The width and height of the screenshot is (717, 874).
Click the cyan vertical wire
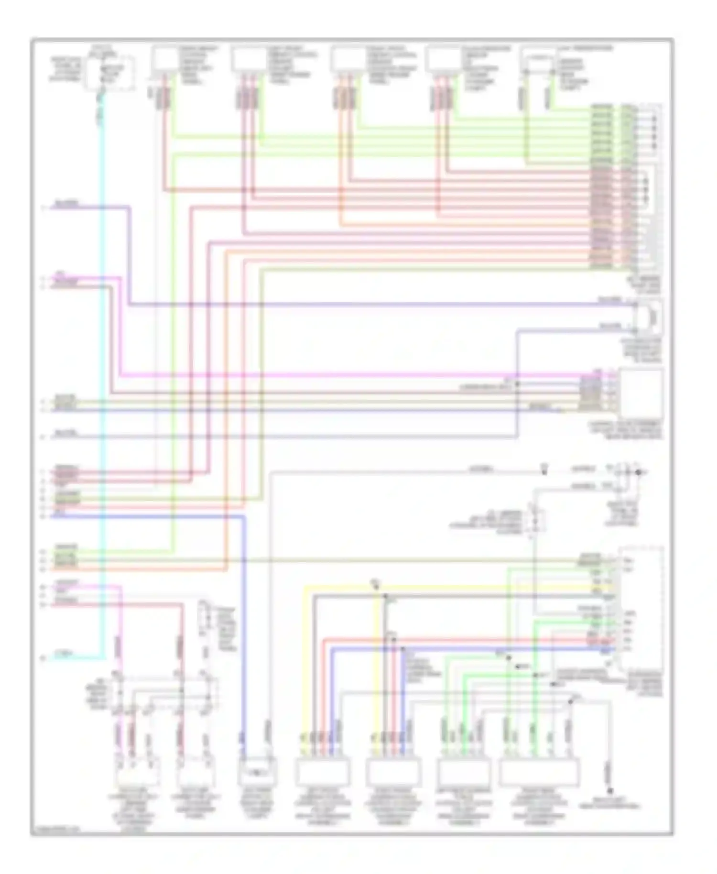(102, 382)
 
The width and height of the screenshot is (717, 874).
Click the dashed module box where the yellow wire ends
(641, 607)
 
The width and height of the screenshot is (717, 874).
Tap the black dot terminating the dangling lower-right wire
(610, 792)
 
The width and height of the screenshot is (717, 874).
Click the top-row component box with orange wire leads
(348, 60)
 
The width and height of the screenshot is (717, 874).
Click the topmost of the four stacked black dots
(654, 117)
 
